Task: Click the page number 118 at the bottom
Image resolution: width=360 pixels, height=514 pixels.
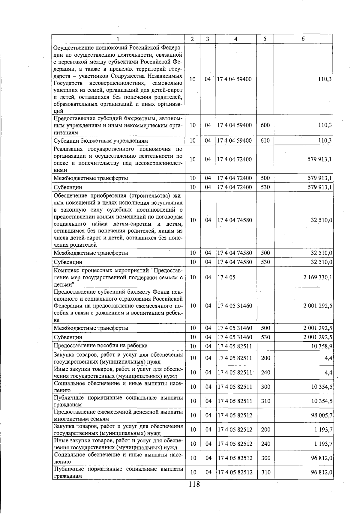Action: coord(194,492)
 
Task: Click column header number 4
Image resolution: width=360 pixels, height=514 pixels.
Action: coord(236,39)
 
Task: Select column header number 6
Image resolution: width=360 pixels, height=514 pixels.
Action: coord(303,39)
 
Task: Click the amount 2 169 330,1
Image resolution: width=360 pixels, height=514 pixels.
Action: coord(317,278)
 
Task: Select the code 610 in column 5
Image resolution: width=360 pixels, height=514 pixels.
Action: coord(265,141)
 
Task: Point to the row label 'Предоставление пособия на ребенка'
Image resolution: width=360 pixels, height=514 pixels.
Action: coord(100,346)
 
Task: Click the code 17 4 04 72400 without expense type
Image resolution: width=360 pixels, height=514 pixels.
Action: coord(235,159)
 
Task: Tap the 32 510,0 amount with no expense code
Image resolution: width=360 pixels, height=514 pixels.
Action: coord(321,220)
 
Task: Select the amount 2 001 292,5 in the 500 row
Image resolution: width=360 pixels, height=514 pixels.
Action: coord(317,328)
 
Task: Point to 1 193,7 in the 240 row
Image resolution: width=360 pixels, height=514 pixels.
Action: coord(323,444)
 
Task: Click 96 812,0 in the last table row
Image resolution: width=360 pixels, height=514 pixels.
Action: coord(322,472)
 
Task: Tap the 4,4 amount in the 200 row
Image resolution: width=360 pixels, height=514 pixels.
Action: coord(328,358)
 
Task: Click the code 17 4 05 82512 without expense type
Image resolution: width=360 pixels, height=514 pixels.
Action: coord(235,415)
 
